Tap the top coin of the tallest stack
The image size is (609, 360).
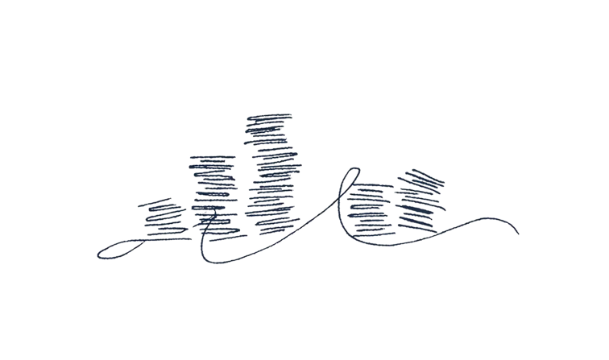tap(268, 118)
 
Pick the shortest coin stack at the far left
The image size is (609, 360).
tap(165, 218)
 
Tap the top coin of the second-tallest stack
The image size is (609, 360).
tap(213, 159)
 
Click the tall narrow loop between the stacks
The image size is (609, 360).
tap(348, 193)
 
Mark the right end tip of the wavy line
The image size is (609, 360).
tap(518, 234)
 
